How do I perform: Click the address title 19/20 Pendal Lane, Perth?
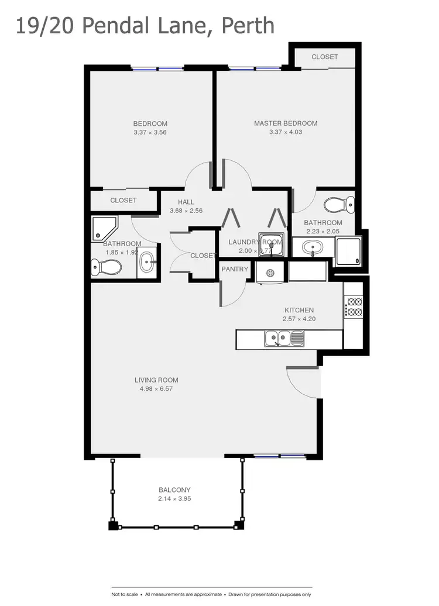click(x=145, y=26)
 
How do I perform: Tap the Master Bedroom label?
click(x=286, y=123)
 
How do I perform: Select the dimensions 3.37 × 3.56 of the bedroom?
click(x=150, y=132)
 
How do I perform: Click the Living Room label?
click(x=156, y=380)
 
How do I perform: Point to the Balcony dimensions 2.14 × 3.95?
click(x=174, y=499)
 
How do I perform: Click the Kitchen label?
click(x=299, y=310)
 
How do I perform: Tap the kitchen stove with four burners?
click(x=354, y=307)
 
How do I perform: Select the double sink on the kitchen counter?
click(x=284, y=338)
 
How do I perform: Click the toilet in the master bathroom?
click(x=339, y=205)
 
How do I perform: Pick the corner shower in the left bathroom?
click(x=104, y=229)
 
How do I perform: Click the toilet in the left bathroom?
click(x=106, y=267)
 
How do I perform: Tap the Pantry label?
click(x=235, y=270)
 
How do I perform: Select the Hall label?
click(x=186, y=202)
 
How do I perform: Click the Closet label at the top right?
click(x=324, y=57)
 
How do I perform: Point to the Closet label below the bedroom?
click(x=124, y=200)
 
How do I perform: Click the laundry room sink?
click(x=271, y=245)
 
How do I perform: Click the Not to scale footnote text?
click(x=125, y=594)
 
